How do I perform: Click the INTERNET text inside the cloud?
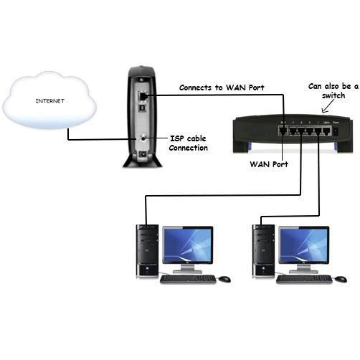[x=50, y=101]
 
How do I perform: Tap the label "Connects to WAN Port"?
[x=222, y=87]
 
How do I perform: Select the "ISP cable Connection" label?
[x=189, y=143]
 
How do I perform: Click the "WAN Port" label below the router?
[x=269, y=164]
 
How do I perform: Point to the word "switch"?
[x=333, y=95]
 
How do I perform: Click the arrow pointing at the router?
[x=328, y=106]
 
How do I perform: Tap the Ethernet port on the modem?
[x=143, y=96]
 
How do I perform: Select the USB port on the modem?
[x=143, y=108]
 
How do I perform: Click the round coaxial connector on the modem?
[x=143, y=138]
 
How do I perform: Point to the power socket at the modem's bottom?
[x=143, y=154]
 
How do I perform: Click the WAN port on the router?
[x=283, y=131]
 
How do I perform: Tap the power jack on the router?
[x=336, y=131]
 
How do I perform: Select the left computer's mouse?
[x=224, y=279]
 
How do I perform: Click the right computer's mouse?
[x=341, y=279]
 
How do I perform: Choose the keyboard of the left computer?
[x=188, y=279]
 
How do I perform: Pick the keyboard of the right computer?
[x=304, y=279]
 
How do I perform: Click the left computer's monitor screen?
[x=188, y=245]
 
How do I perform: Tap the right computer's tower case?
[x=264, y=251]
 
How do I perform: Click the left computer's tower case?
[x=147, y=251]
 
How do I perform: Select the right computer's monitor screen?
[x=304, y=245]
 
